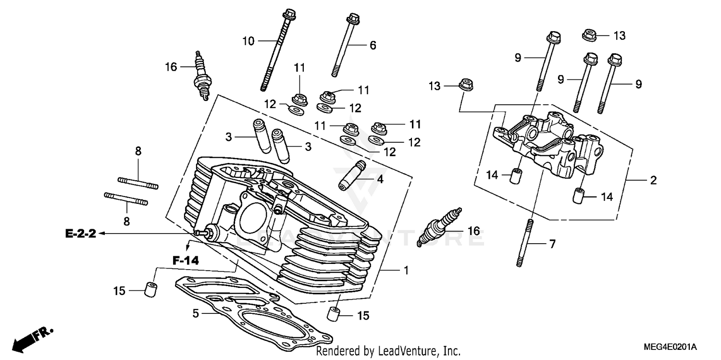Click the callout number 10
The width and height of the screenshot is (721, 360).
248,41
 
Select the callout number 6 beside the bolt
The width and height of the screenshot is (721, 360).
373,46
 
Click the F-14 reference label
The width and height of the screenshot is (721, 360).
186,261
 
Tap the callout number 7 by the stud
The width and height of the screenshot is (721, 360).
552,244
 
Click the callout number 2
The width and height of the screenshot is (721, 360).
653,181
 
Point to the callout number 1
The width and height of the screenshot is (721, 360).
406,271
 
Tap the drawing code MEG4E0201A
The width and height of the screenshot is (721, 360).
671,347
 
